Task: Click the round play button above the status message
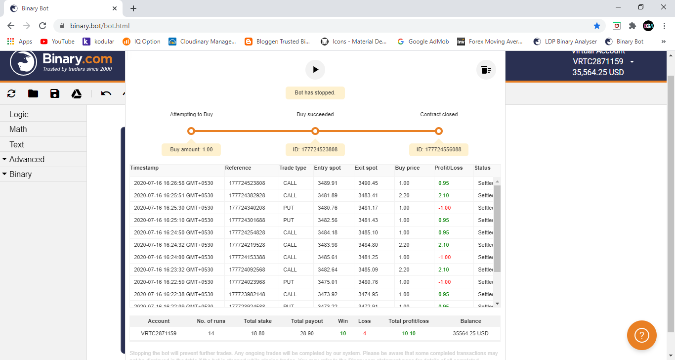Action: [x=315, y=70]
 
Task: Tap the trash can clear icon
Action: [x=486, y=70]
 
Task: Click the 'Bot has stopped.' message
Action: [x=315, y=92]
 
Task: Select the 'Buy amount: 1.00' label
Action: [x=191, y=149]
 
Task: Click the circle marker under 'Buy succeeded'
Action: [x=315, y=131]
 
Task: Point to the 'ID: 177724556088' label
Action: [x=438, y=149]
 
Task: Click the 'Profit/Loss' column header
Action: [x=449, y=168]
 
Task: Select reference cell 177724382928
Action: [x=247, y=195]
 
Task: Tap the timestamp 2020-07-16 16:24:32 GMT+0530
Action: [x=173, y=245]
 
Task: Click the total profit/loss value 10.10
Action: [x=408, y=333]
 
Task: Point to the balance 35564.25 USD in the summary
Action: [x=470, y=333]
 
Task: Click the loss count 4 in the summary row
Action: [x=365, y=333]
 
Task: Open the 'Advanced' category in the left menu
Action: [x=27, y=159]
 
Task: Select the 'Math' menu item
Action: [x=18, y=129]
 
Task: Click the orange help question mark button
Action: [x=641, y=336]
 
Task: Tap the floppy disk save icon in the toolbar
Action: [x=55, y=94]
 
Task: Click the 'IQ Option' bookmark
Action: [x=142, y=42]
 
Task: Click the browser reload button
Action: [x=42, y=26]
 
